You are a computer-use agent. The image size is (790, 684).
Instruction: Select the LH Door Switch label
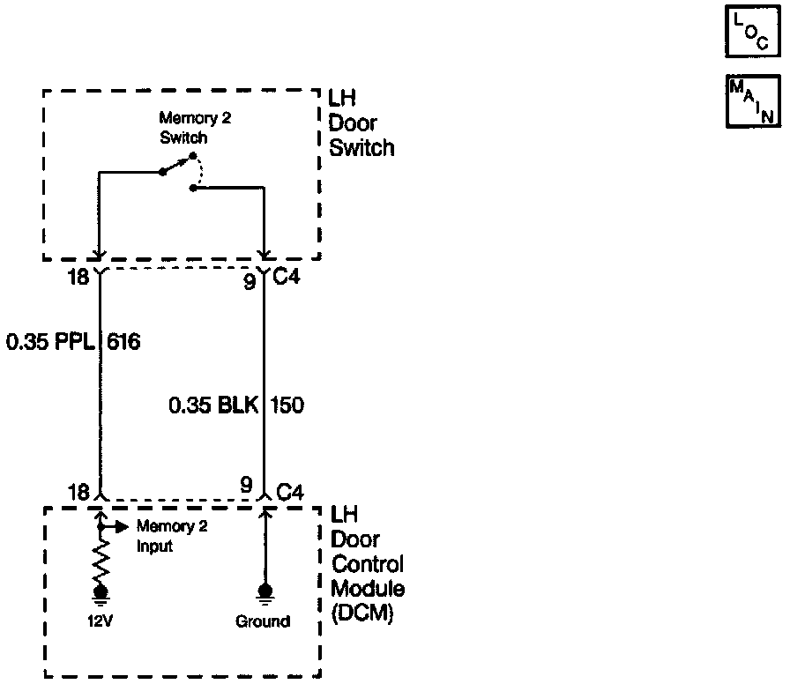pyautogui.click(x=361, y=123)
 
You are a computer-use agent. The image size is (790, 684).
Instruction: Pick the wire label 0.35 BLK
pyautogui.click(x=212, y=405)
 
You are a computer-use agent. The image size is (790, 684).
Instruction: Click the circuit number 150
pyautogui.click(x=287, y=405)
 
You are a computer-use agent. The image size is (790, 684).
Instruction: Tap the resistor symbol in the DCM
pyautogui.click(x=101, y=558)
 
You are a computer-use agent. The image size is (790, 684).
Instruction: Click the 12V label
pyautogui.click(x=100, y=621)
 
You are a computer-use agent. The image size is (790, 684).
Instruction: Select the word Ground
pyautogui.click(x=262, y=621)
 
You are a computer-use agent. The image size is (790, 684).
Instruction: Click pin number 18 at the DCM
pyautogui.click(x=78, y=491)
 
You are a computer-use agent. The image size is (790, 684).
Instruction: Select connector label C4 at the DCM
pyautogui.click(x=290, y=491)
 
